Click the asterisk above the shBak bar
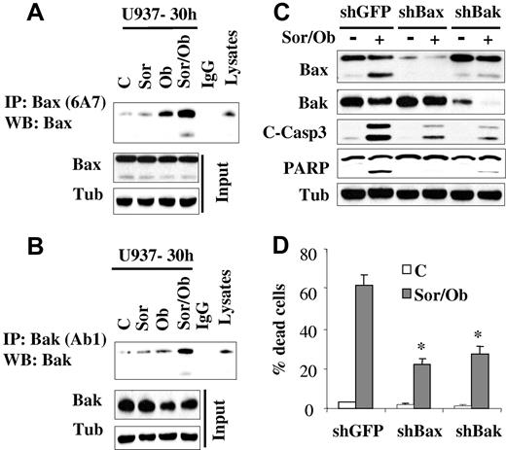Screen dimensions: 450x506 pos(478,335)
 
